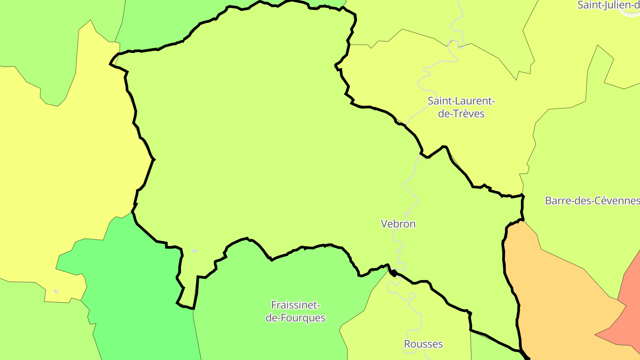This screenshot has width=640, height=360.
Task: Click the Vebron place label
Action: click(398, 224)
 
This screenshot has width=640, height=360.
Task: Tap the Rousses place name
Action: click(423, 344)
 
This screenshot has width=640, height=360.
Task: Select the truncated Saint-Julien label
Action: click(608, 5)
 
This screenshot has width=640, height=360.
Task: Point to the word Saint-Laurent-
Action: click(461, 101)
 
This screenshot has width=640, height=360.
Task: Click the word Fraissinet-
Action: click(296, 305)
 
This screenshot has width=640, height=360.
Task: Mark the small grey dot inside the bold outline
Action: click(195, 251)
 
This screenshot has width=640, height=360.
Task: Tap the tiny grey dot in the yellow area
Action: click(56, 292)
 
